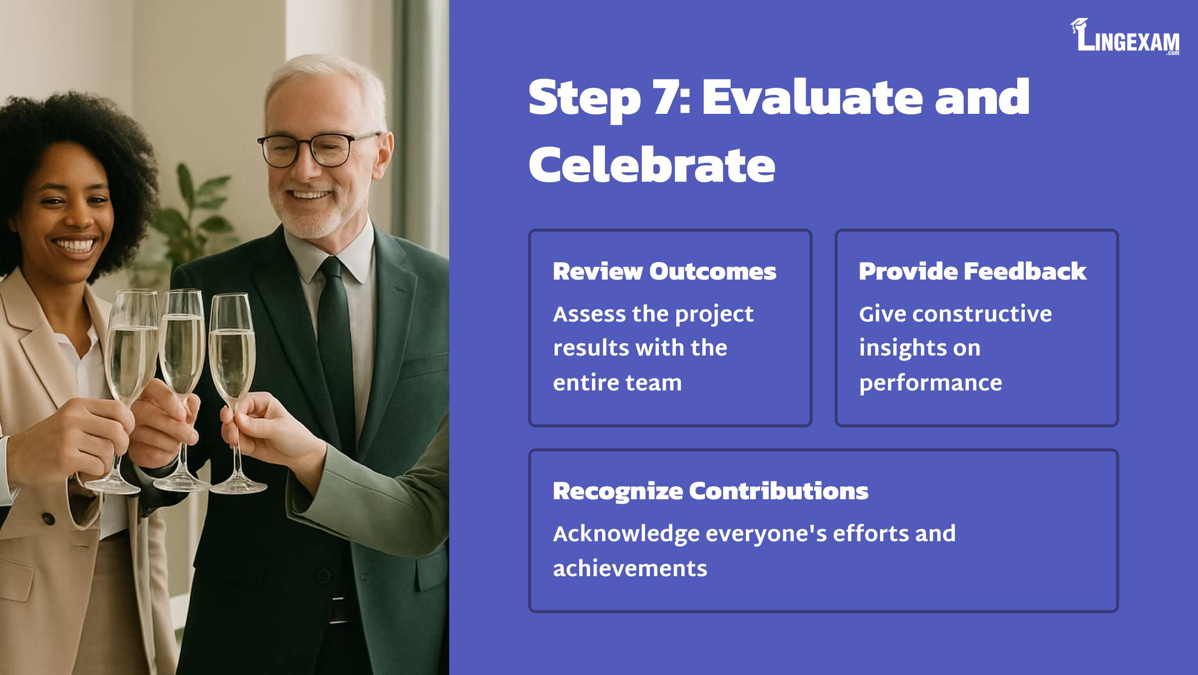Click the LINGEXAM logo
1125,36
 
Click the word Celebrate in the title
652,164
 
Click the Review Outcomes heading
664,272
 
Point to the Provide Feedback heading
972,272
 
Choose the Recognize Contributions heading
710,491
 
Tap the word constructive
983,314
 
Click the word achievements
630,569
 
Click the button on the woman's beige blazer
48,519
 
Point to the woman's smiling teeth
75,245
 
